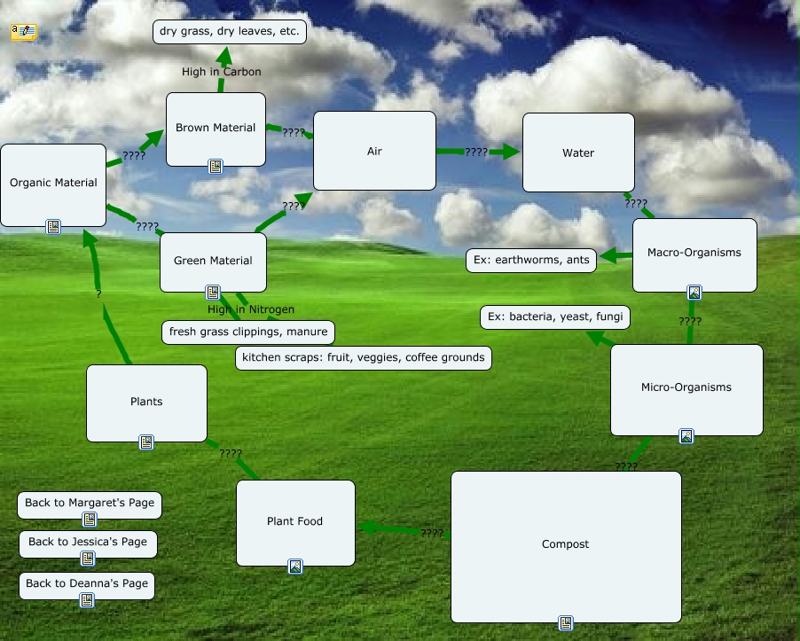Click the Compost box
(566, 545)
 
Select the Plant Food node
(295, 522)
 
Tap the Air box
(374, 151)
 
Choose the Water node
(578, 152)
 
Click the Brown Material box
(216, 129)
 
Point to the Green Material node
(213, 261)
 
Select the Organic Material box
(53, 184)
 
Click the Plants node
(146, 403)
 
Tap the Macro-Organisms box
(694, 254)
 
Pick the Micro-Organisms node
(686, 388)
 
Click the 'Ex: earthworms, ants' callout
(531, 261)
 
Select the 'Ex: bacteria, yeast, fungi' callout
(555, 317)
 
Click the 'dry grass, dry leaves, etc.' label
(231, 32)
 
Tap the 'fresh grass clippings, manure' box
(247, 332)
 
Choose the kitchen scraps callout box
(364, 358)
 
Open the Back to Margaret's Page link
(90, 504)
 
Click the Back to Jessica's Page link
(88, 543)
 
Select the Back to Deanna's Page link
(87, 584)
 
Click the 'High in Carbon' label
(222, 72)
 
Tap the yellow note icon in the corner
(23, 32)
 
